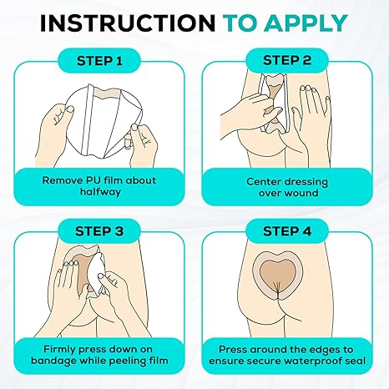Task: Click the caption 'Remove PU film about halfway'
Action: [99, 184]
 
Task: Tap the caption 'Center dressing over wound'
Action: [290, 184]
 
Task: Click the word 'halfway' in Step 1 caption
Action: [99, 191]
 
